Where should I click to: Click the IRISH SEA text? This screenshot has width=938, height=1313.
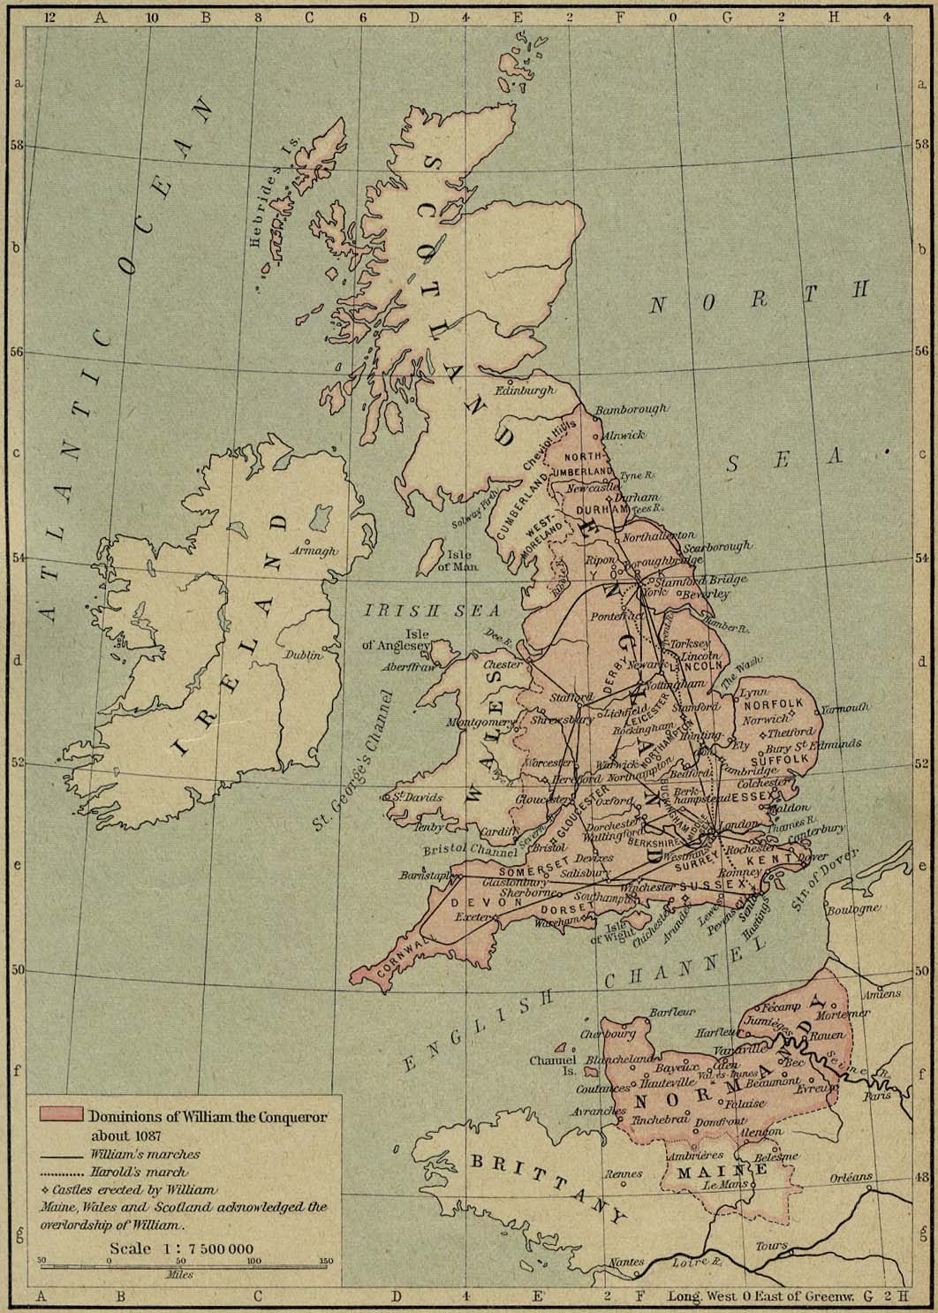pos(433,610)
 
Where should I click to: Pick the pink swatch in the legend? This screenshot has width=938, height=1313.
pos(61,1115)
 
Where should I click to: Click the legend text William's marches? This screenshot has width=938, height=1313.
pos(144,1154)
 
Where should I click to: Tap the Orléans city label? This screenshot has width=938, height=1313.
pos(851,1178)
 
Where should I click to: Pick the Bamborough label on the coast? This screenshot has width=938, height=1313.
pos(631,410)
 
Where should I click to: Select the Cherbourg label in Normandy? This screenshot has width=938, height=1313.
pos(608,1034)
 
